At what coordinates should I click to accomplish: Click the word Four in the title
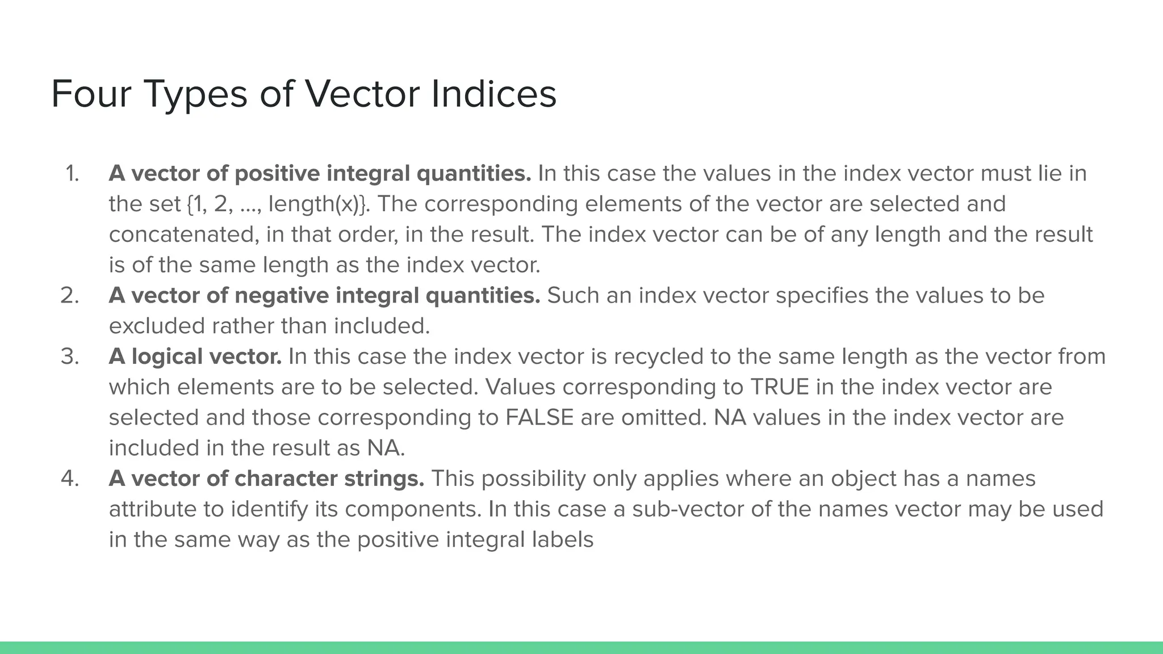(91, 94)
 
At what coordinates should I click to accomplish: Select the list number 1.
(72, 173)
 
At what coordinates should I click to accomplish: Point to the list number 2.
(69, 295)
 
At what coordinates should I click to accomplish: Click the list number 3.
(69, 357)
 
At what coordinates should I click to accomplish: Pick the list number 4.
(69, 479)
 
